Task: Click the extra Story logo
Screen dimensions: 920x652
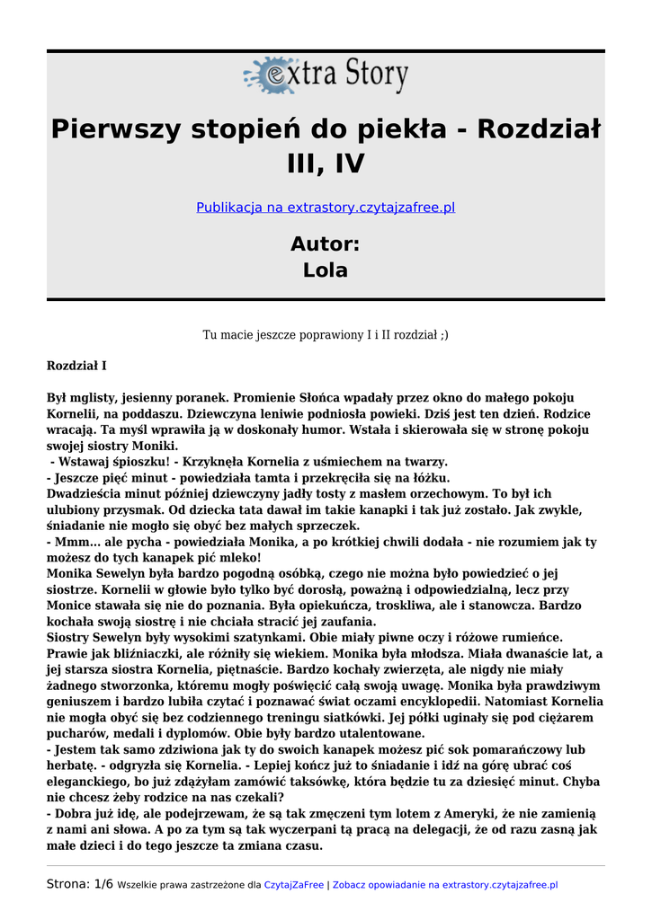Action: pos(326,75)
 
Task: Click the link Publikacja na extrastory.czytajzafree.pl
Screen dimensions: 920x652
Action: pos(326,208)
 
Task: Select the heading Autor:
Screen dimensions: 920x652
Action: pos(326,243)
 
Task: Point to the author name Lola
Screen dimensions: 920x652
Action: pos(326,270)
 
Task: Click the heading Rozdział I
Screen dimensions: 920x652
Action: pos(76,367)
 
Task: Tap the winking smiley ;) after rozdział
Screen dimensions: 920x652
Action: pos(442,334)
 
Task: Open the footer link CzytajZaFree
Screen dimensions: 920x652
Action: pos(293,885)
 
